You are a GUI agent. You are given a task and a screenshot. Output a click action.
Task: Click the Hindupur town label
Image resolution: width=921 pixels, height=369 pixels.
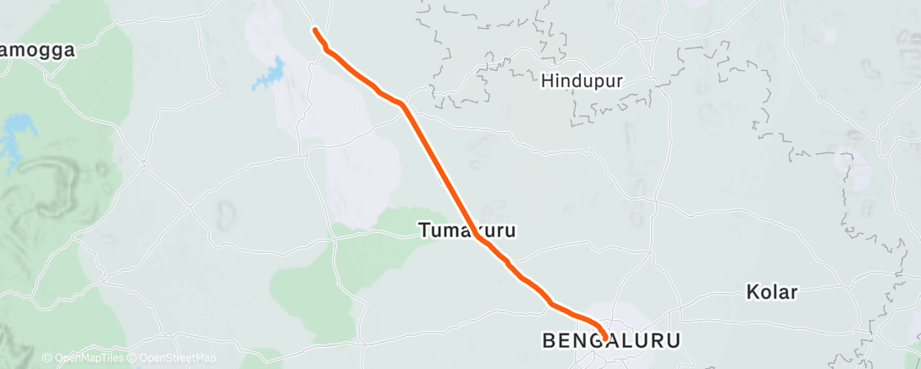(582, 81)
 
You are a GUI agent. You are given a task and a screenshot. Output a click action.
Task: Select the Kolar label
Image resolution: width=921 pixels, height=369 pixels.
(772, 293)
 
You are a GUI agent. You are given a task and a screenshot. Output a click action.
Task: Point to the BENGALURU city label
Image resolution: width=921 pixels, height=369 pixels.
(610, 341)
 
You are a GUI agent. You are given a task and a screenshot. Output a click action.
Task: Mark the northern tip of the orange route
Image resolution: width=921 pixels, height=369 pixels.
(315, 30)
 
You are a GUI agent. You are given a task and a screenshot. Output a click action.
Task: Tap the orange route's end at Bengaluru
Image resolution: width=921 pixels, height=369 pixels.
(604, 339)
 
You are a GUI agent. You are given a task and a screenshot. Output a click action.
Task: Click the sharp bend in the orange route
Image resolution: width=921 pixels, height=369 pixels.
(405, 105)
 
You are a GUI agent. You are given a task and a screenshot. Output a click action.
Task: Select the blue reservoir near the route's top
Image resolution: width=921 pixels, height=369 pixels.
(272, 75)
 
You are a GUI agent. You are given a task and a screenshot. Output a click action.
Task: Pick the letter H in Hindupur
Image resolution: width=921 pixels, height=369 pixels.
(547, 81)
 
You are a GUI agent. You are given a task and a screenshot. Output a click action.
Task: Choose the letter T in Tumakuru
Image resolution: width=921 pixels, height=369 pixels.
(423, 229)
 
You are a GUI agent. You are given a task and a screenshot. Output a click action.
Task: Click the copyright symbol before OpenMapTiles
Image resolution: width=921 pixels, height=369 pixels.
(47, 358)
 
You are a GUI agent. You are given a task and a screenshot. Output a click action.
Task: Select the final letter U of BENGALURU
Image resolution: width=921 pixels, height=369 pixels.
(674, 341)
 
